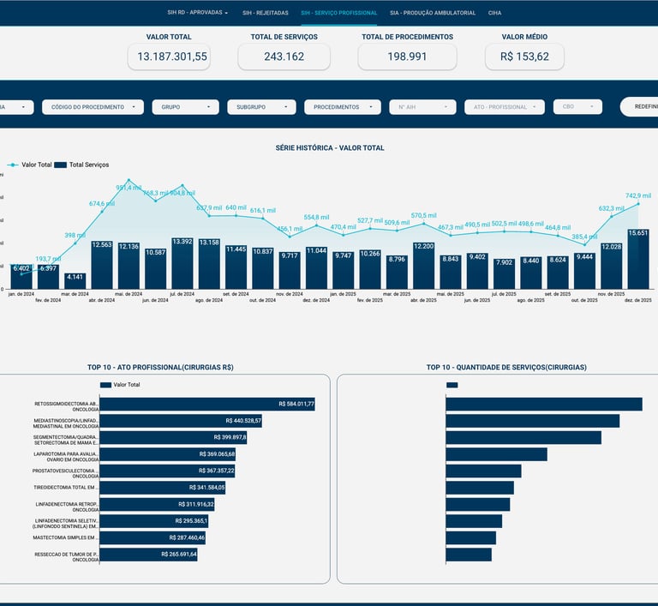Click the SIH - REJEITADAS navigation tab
(x=266, y=13)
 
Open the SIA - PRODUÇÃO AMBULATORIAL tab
(x=432, y=13)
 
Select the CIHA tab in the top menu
(x=494, y=13)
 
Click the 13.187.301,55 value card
(x=169, y=57)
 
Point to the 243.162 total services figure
(x=284, y=57)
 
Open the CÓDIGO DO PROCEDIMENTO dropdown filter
(x=93, y=107)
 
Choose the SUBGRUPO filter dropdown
(x=260, y=107)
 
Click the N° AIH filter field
(x=423, y=107)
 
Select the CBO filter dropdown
(x=577, y=107)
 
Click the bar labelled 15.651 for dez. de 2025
(x=638, y=258)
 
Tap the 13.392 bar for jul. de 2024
(x=182, y=262)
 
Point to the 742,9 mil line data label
(x=638, y=195)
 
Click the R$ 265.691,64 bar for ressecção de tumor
(x=149, y=555)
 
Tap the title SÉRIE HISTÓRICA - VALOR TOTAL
(x=330, y=147)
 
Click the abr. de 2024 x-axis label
(x=102, y=300)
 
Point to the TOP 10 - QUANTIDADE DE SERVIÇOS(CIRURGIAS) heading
(x=506, y=367)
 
